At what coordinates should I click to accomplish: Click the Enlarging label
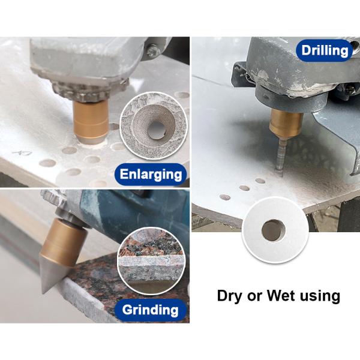[151, 174]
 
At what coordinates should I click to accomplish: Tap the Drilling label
[325, 50]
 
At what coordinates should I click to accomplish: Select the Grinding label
[151, 310]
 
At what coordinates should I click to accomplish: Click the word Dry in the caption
[229, 296]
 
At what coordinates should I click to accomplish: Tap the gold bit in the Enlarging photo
[91, 122]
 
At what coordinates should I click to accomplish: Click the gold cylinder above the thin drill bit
[286, 123]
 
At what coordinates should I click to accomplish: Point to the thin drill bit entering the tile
[281, 156]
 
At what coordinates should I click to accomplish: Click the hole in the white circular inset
[274, 230]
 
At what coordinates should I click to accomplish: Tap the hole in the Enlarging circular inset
[157, 130]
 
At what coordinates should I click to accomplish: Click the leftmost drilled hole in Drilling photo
[225, 197]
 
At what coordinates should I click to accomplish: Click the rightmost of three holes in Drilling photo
[260, 181]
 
